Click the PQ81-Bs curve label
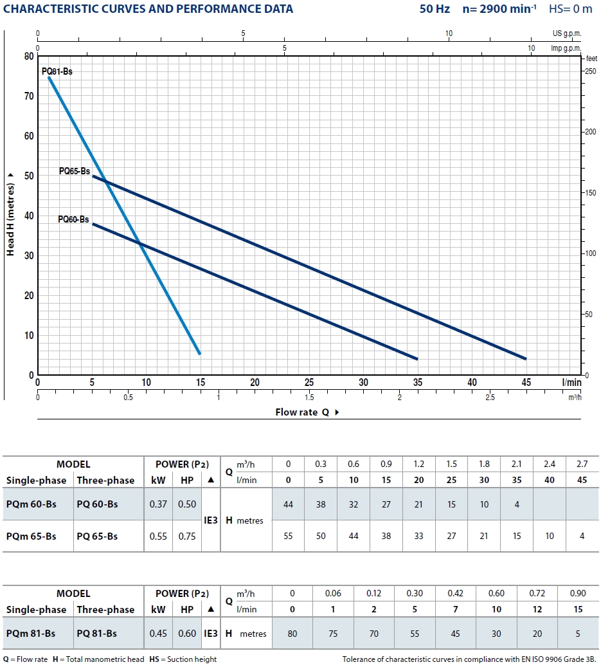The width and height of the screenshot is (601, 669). coord(57,71)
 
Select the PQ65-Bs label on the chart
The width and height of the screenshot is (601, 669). coord(75,172)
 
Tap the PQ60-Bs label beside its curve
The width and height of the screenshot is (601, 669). coord(73,219)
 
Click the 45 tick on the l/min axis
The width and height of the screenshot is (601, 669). coord(526,382)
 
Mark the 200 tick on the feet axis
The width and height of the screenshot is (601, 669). coord(590,132)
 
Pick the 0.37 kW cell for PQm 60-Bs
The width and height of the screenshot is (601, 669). coord(158,504)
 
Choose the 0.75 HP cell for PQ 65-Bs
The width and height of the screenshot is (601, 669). coord(187,536)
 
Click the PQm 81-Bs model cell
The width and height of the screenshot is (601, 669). coord(30,634)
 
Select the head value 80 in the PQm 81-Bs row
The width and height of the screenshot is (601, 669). coord(292,634)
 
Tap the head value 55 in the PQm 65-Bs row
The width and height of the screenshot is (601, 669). coord(288,536)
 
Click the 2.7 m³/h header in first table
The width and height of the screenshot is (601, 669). coord(582,464)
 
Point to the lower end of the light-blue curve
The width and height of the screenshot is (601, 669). coord(199,353)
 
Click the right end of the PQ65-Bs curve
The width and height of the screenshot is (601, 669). coord(525,358)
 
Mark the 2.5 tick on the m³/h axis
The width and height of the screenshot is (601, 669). coord(490,398)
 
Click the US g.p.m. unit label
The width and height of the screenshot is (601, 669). coord(566,33)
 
